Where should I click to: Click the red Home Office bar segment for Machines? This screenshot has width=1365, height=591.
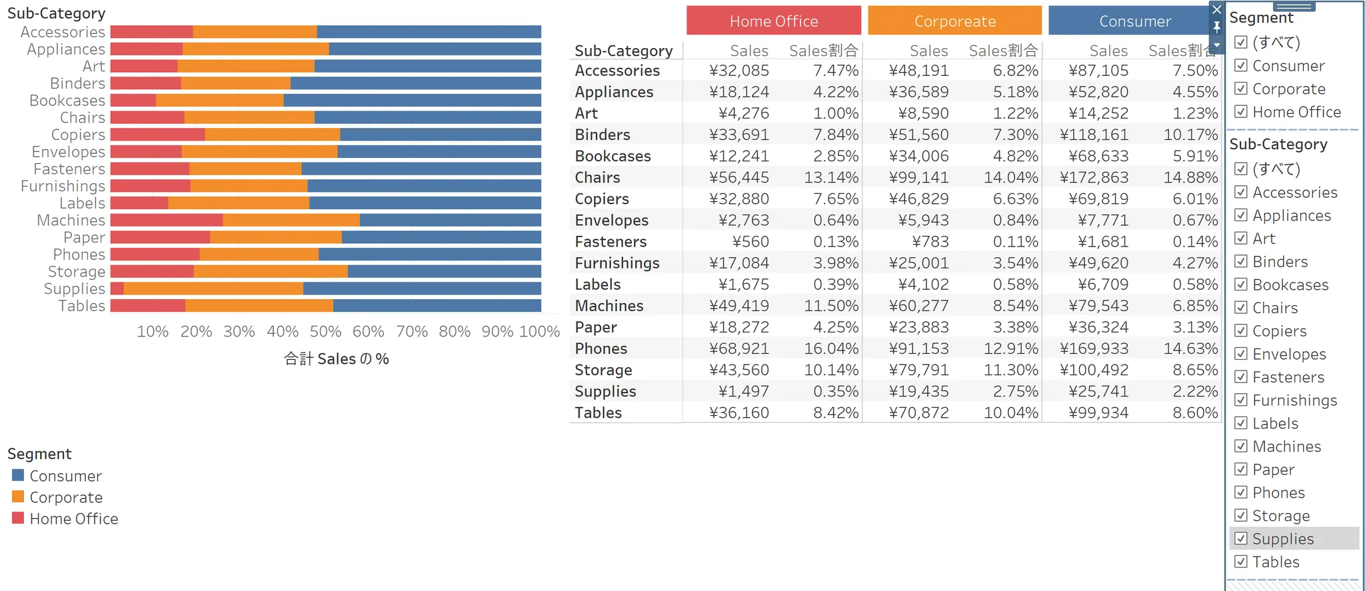(167, 220)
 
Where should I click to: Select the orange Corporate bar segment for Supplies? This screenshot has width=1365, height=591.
(213, 289)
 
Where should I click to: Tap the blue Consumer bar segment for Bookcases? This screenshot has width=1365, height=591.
(412, 101)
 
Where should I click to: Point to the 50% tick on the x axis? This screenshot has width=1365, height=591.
(325, 331)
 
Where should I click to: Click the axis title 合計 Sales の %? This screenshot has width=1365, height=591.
(336, 359)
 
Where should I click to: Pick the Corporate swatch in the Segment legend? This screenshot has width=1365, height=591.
(18, 497)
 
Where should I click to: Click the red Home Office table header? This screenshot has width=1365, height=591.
(773, 21)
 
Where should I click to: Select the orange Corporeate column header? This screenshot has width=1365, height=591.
(954, 21)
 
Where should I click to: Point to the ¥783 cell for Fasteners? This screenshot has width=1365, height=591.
(930, 242)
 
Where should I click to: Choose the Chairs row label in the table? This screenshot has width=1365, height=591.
(597, 178)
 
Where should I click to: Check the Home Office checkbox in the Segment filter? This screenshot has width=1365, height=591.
(1241, 112)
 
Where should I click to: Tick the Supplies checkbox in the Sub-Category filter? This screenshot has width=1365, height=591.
(1241, 538)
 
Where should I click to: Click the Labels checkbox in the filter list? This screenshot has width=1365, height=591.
(1241, 423)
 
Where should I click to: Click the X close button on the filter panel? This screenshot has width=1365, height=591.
(1217, 10)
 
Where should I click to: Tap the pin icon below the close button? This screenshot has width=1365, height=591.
(1217, 27)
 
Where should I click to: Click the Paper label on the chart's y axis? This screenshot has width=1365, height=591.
(84, 237)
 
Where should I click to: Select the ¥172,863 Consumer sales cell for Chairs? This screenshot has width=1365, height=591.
(1094, 178)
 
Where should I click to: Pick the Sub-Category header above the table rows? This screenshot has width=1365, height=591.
(623, 51)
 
